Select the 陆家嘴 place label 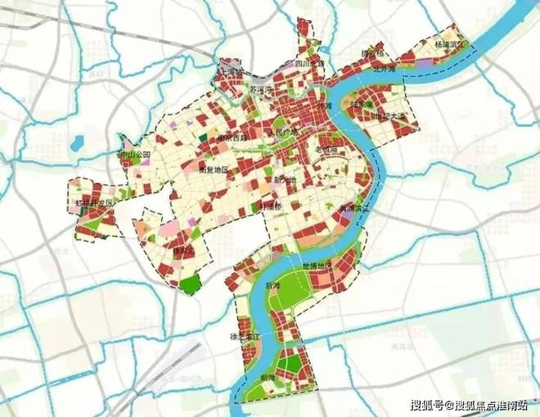(x=361, y=105)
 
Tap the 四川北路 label (x=309, y=63)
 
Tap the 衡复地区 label (x=214, y=170)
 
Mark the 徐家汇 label (x=185, y=250)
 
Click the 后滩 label (x=273, y=285)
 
